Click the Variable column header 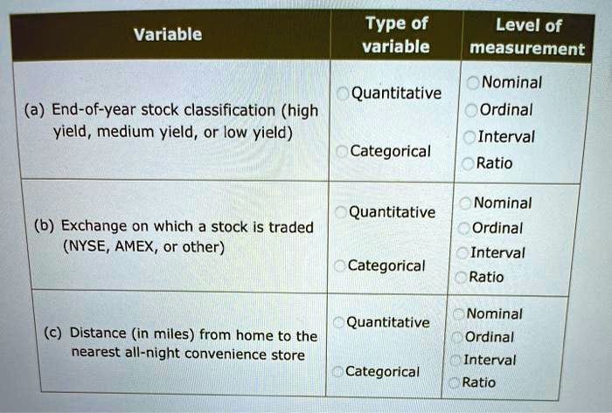click(168, 34)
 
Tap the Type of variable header click(396, 35)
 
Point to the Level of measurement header click(527, 37)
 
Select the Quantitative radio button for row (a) click(343, 93)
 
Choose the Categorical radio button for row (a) click(342, 152)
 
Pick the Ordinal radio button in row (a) click(471, 110)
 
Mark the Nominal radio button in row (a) click(473, 83)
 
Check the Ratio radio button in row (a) click(468, 163)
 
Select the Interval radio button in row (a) click(469, 137)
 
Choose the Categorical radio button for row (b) click(340, 266)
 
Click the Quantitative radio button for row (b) click(341, 212)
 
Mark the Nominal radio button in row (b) click(465, 203)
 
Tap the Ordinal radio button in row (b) click(463, 228)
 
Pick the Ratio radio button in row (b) click(461, 278)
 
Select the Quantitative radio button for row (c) click(339, 322)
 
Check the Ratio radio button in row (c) click(454, 382)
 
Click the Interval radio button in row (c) click(456, 361)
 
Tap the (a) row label click(35, 110)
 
